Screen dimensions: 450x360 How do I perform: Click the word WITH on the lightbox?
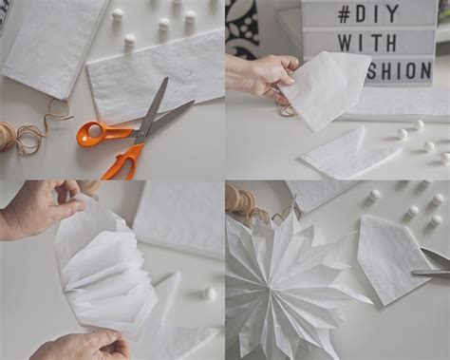point(367,43)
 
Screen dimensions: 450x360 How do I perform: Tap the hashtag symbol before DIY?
point(345,14)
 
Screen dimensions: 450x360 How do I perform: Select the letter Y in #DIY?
point(392,14)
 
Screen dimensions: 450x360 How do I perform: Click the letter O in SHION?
point(408,70)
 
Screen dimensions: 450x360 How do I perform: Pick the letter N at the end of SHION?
point(425,70)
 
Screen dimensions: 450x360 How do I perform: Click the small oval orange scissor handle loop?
point(91,133)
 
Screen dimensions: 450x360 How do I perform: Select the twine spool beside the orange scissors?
point(7,136)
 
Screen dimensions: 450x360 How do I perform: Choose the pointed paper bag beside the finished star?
point(394,258)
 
